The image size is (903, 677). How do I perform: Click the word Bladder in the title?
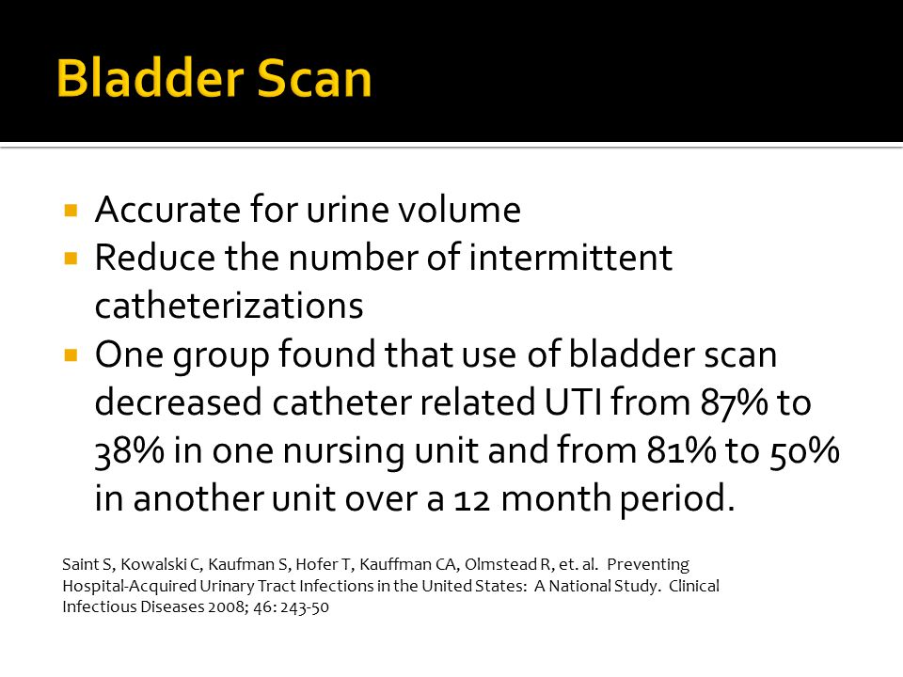(150, 78)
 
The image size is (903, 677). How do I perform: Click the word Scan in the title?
(314, 78)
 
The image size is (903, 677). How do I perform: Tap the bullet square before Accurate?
(71, 210)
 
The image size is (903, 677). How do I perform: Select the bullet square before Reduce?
(71, 258)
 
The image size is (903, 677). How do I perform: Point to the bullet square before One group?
(71, 354)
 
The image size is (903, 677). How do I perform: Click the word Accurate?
(167, 209)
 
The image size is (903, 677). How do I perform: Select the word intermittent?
(570, 258)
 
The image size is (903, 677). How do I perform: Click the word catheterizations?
(230, 306)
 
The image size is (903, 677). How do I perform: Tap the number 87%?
(734, 403)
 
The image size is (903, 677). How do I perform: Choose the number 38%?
(129, 451)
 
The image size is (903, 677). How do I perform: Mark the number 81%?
(681, 450)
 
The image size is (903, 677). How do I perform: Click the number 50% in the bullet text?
(804, 451)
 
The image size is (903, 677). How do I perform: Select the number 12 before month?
(472, 499)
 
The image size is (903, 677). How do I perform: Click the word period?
(678, 499)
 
